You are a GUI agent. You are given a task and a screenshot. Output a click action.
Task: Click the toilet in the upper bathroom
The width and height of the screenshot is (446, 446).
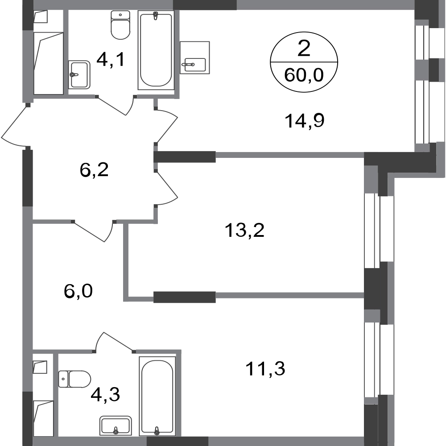121,26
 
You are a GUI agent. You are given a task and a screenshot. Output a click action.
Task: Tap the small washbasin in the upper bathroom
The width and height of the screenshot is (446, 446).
80,75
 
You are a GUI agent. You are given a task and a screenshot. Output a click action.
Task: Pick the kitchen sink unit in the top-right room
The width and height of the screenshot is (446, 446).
195,57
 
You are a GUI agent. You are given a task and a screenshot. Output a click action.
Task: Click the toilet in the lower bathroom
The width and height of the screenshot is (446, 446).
75,379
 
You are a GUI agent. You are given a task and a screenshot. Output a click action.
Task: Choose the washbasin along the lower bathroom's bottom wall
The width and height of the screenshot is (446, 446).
115,425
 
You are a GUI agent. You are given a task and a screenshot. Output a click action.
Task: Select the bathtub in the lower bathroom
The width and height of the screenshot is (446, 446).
156,395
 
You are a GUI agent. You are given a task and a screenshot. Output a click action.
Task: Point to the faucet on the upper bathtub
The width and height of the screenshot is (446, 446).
156,17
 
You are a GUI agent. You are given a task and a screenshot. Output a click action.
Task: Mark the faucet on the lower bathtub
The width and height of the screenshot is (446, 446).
156,429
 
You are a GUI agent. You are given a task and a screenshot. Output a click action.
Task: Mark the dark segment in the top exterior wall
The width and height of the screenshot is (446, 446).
205,5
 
